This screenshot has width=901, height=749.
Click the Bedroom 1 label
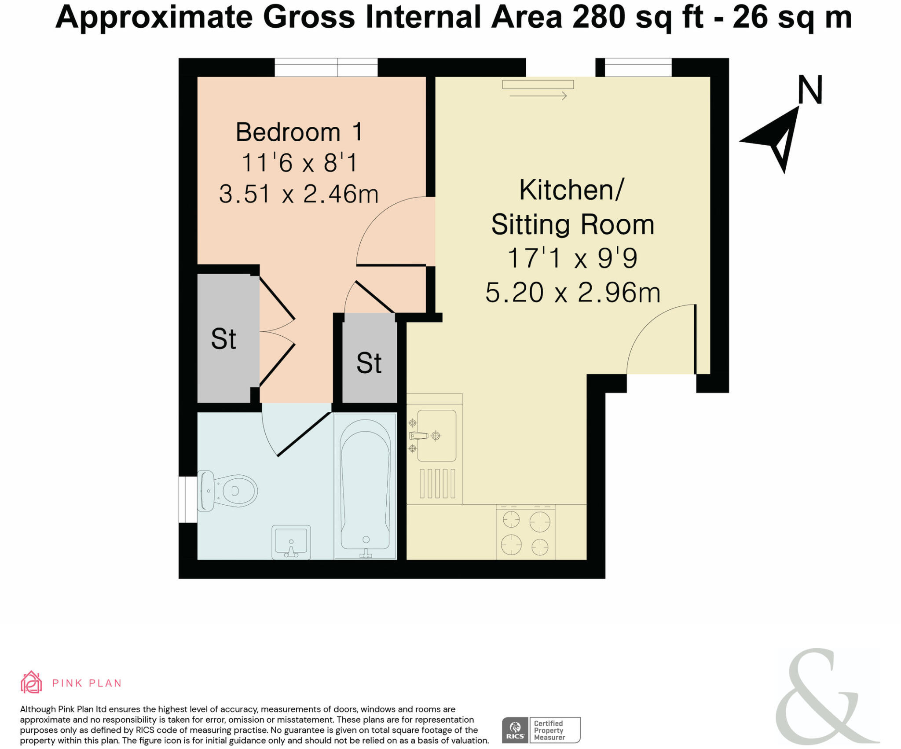click(x=299, y=132)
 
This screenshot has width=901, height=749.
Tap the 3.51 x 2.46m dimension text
click(x=299, y=194)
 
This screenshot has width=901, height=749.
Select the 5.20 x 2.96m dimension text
click(x=572, y=293)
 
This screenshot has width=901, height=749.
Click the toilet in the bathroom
click(x=227, y=491)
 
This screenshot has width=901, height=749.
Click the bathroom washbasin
click(x=291, y=542)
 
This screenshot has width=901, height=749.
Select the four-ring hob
click(x=526, y=533)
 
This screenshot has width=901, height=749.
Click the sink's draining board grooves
click(x=437, y=483)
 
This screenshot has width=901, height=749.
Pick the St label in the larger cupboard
click(x=223, y=339)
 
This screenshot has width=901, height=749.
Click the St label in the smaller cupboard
click(x=369, y=363)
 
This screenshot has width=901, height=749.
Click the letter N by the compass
click(x=809, y=90)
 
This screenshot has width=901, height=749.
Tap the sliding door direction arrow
click(x=538, y=95)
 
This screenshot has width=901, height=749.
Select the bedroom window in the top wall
click(x=326, y=68)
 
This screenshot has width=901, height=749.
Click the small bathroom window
click(x=188, y=499)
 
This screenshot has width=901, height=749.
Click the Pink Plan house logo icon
click(x=31, y=683)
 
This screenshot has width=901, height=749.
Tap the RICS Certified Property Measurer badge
click(x=541, y=730)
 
